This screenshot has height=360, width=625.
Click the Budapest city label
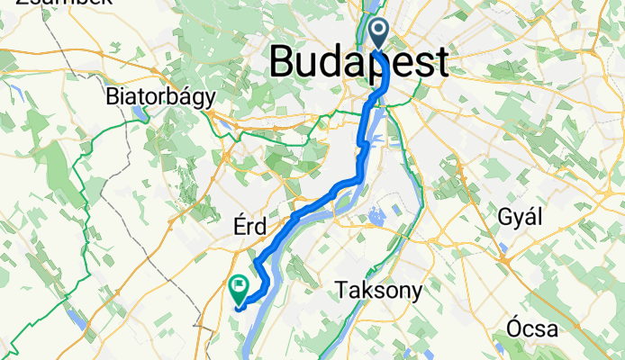tap(358, 63)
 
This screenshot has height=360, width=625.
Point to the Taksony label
tap(378, 290)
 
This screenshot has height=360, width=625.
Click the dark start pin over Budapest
tap(377, 34)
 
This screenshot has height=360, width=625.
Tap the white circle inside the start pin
tap(377, 30)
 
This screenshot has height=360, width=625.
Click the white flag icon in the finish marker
tap(240, 287)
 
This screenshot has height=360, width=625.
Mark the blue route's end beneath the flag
tap(238, 308)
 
